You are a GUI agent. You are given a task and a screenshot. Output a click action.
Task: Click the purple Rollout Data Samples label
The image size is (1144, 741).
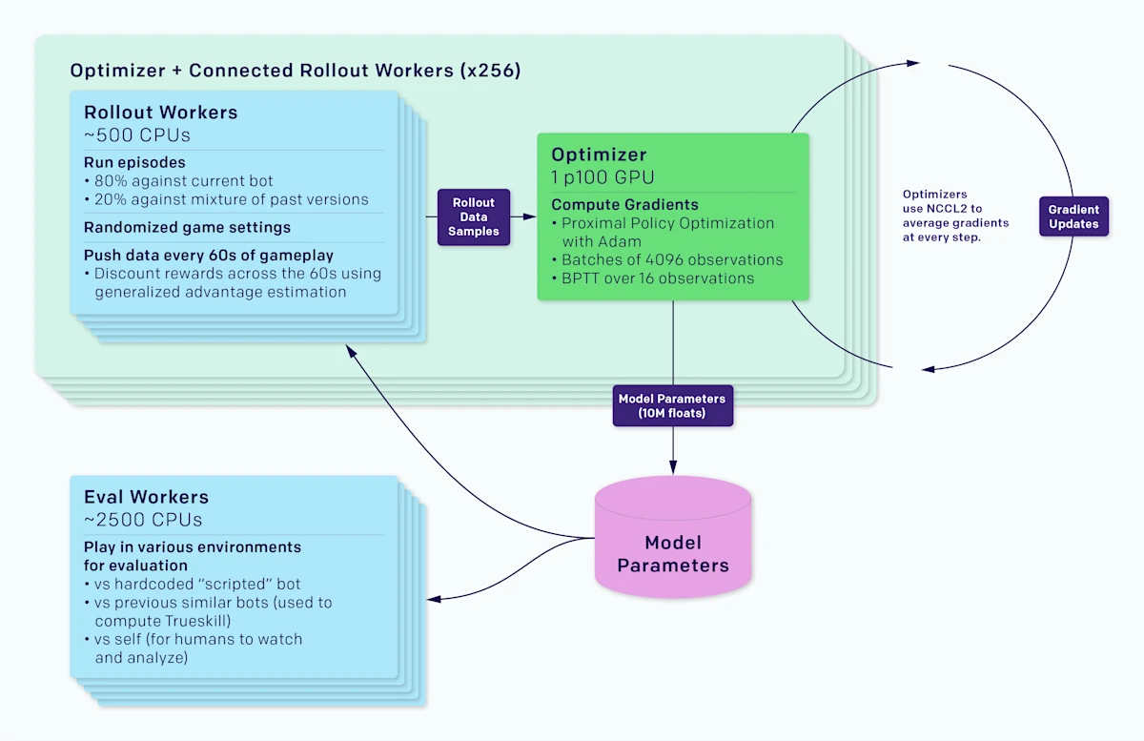(474, 217)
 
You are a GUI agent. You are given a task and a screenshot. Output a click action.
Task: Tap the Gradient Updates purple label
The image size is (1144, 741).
(1073, 216)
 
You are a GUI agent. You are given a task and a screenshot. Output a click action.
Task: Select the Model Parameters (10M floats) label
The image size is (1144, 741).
(672, 406)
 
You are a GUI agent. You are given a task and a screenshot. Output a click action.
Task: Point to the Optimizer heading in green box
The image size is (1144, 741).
(599, 154)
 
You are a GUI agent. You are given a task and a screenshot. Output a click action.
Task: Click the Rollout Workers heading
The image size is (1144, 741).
(160, 112)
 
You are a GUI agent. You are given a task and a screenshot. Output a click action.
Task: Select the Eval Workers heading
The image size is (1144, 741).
(146, 497)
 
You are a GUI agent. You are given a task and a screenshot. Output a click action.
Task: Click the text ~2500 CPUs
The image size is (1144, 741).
(143, 520)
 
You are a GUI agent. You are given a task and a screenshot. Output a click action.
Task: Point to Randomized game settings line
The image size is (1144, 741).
(187, 228)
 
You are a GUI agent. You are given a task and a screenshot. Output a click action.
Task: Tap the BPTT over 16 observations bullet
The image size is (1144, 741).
(652, 278)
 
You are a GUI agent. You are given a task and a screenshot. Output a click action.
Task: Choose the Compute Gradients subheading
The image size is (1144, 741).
(624, 204)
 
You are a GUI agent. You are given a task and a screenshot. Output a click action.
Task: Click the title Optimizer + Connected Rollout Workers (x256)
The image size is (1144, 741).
(296, 72)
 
